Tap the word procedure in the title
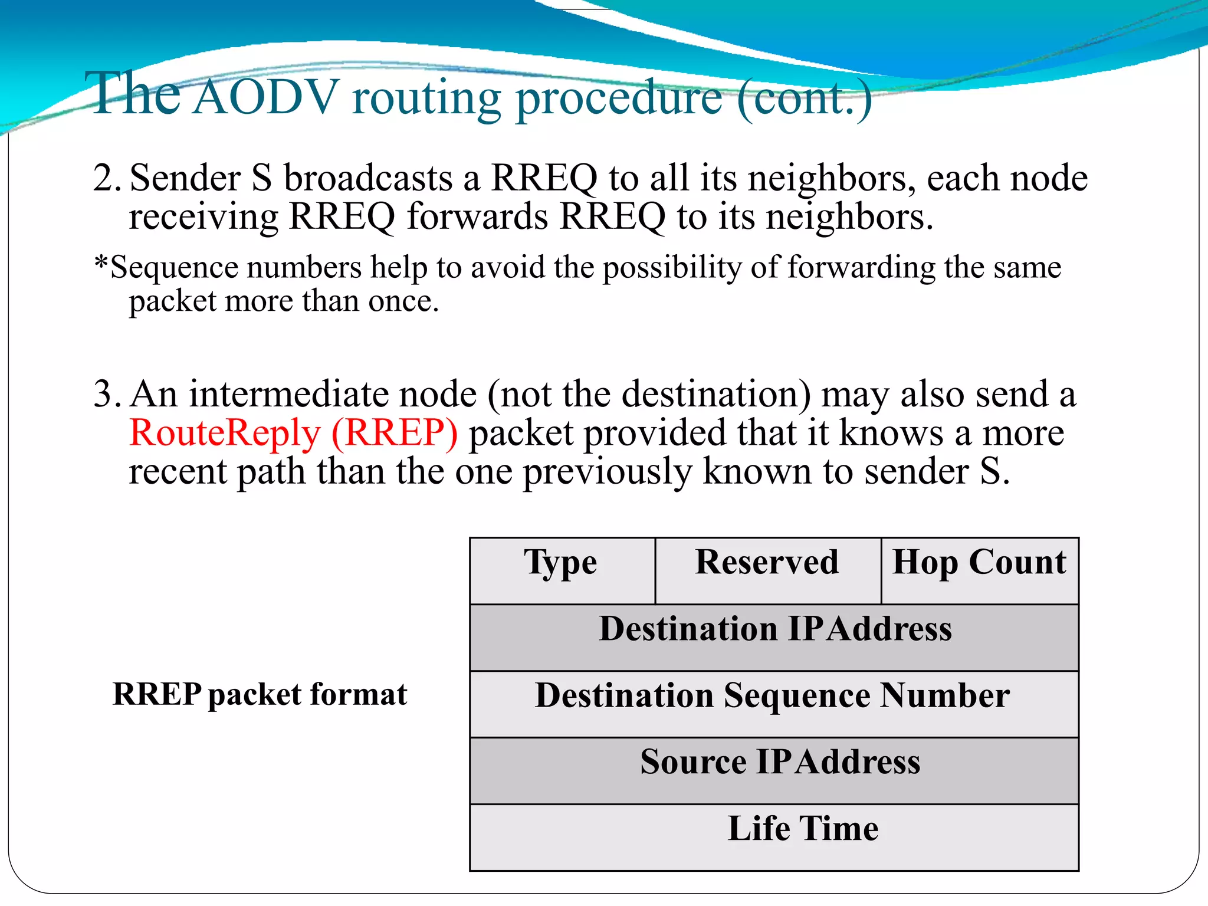(x=619, y=99)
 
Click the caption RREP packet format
(x=260, y=694)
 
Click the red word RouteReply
(x=225, y=433)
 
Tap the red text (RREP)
(x=395, y=433)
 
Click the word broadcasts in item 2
(x=368, y=178)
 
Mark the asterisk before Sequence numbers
(x=101, y=263)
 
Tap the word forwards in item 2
(x=477, y=216)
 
